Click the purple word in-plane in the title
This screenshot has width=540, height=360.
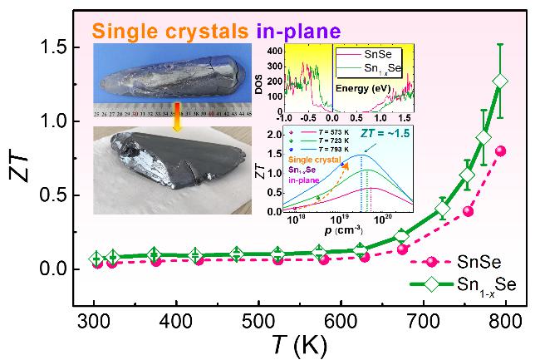[298, 32]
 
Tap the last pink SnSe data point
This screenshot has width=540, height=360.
[500, 150]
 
